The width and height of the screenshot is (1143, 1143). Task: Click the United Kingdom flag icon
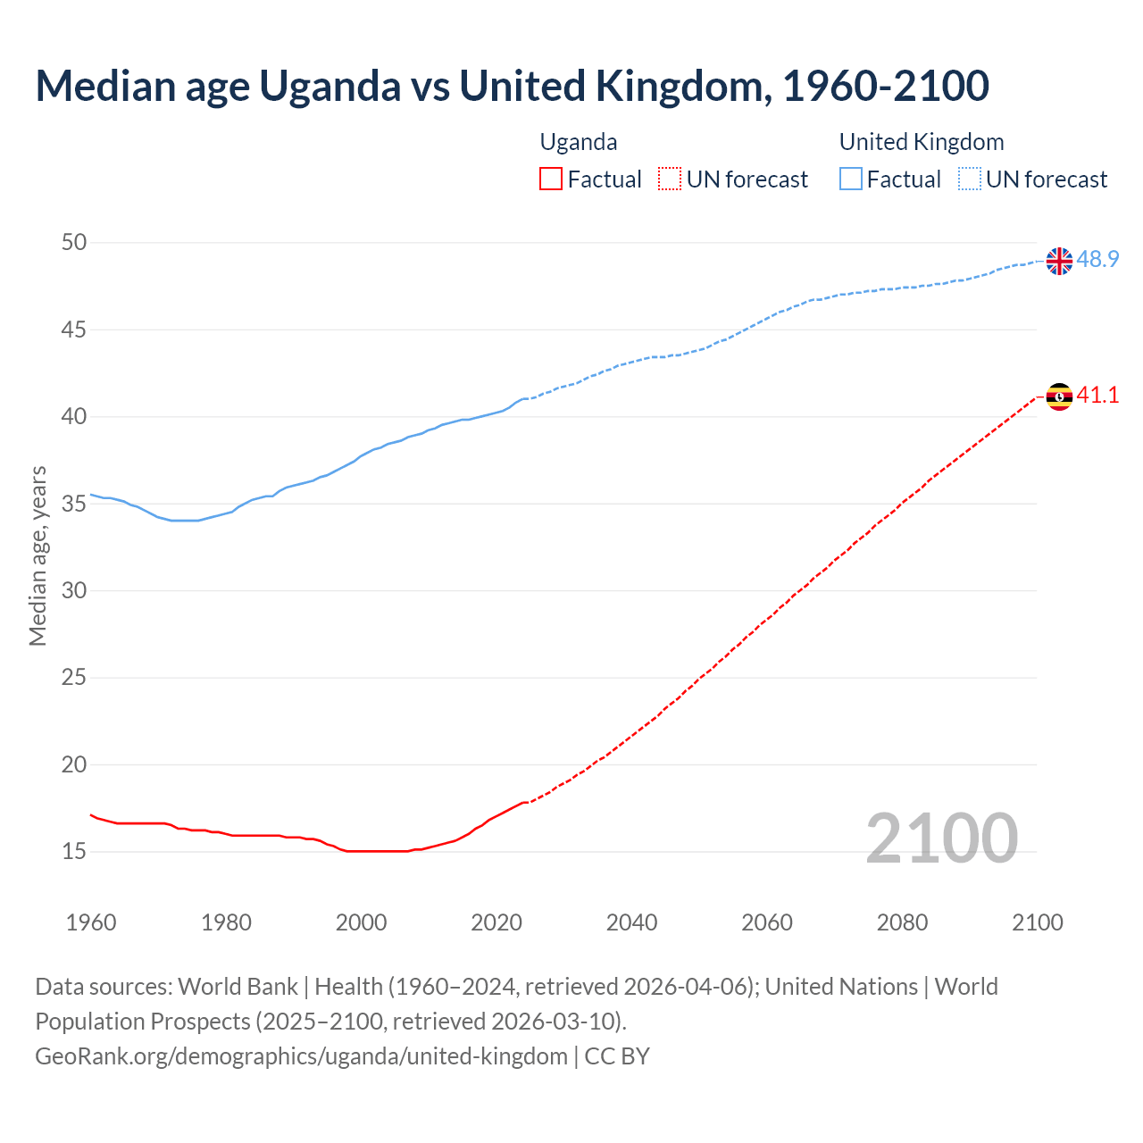[x=1059, y=261]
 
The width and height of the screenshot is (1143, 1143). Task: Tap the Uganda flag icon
[x=1059, y=396]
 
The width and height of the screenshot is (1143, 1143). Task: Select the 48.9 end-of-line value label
[x=1097, y=260]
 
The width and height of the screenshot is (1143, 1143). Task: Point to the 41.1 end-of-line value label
[x=1097, y=395]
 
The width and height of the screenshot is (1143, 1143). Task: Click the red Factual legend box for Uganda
[x=551, y=179]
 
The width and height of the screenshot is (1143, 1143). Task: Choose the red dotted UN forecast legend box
[x=670, y=179]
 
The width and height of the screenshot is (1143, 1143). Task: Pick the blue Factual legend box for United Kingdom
[x=851, y=179]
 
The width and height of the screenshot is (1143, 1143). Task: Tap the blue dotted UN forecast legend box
[x=970, y=179]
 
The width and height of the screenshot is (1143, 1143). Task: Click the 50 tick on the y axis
[x=74, y=242]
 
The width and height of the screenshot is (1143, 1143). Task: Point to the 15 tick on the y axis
[x=74, y=851]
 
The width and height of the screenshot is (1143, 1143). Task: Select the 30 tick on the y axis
[x=74, y=590]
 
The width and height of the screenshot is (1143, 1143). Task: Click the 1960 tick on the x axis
[x=91, y=922]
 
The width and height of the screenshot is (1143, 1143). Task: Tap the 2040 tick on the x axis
[x=631, y=922]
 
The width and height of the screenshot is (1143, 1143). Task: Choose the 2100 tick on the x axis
[x=1037, y=922]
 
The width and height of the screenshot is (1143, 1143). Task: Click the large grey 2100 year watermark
[x=941, y=838]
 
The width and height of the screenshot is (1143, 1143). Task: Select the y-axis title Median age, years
[x=38, y=555]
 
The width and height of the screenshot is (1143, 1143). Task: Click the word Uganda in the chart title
[x=330, y=86]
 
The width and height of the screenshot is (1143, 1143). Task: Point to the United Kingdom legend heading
[x=922, y=142]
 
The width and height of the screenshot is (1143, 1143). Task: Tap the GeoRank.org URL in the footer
[x=301, y=1056]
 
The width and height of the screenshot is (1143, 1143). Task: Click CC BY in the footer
[x=617, y=1056]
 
